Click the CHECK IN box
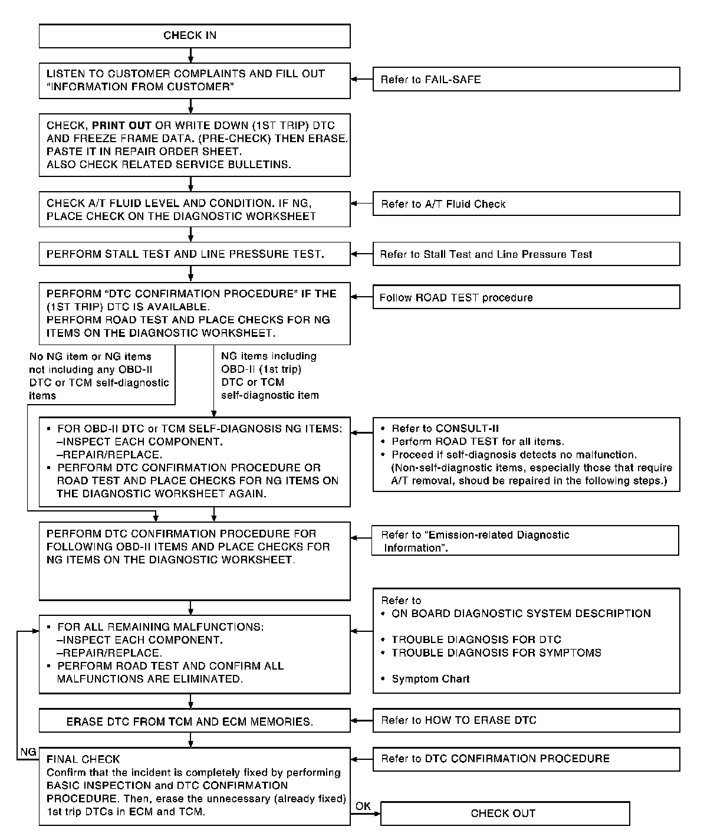(195, 36)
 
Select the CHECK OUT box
(505, 814)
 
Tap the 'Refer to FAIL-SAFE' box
(526, 79)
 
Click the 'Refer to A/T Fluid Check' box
(526, 204)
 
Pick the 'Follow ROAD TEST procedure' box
(526, 297)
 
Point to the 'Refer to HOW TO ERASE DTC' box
(526, 720)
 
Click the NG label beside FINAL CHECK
(28, 752)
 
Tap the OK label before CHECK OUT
(363, 806)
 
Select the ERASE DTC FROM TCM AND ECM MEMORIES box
(195, 722)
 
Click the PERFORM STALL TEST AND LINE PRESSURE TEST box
(195, 254)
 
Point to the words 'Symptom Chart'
(430, 679)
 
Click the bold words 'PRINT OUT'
(121, 126)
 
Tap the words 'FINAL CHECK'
(83, 759)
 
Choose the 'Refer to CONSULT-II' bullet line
(445, 429)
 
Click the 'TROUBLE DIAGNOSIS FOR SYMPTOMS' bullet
(496, 653)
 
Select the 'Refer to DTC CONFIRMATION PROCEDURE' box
(526, 759)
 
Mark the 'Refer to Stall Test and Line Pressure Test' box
(526, 254)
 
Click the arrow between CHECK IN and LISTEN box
(190, 55)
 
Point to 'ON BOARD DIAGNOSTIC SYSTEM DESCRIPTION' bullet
(521, 614)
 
